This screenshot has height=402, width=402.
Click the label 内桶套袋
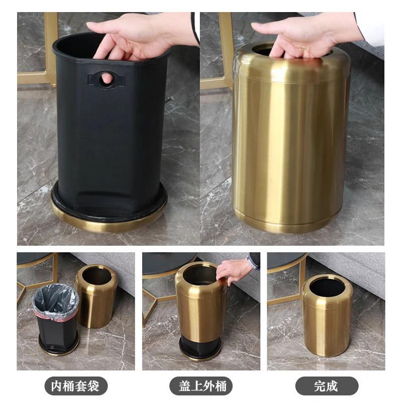coord(76,386)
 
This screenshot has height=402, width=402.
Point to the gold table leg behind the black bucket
coord(51,45)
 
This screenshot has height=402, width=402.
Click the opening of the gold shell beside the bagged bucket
coord(96,275)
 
